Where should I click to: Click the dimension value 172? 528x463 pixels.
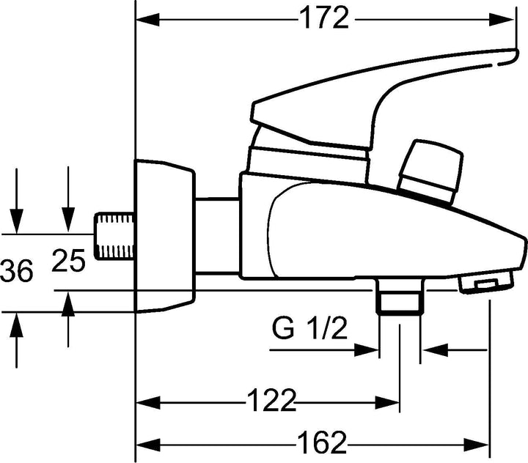(323, 19)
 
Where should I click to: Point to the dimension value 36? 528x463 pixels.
(17, 272)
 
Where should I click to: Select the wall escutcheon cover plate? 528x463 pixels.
(164, 236)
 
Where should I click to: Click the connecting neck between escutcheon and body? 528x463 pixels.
(218, 236)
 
